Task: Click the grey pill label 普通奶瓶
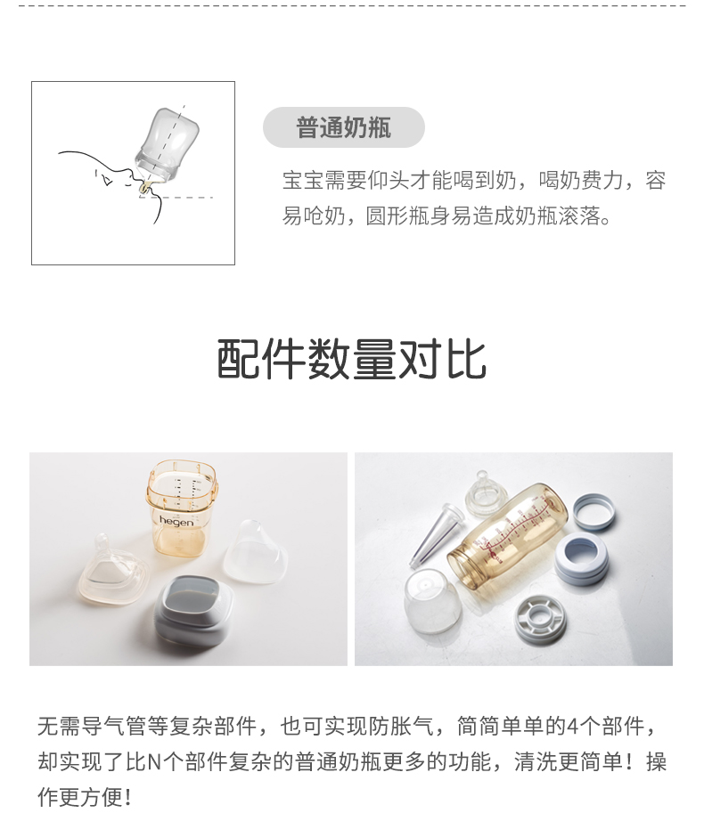[344, 127]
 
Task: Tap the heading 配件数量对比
[352, 359]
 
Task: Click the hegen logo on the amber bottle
[176, 520]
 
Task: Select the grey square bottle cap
[192, 612]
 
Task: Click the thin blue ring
[594, 511]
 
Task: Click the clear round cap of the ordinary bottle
[433, 601]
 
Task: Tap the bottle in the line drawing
[168, 145]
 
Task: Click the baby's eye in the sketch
[107, 180]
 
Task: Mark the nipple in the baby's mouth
[144, 185]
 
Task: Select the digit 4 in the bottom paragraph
[573, 727]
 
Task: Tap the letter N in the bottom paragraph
[154, 762]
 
